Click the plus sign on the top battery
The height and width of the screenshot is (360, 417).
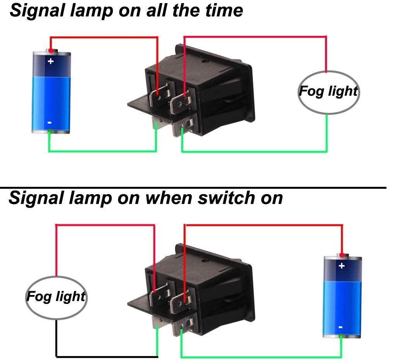(50, 61)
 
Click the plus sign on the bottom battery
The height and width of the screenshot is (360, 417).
(341, 266)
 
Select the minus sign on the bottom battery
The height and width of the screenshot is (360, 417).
(340, 327)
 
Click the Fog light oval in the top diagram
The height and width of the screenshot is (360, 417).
(328, 92)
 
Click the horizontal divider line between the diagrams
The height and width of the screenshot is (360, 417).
(193, 188)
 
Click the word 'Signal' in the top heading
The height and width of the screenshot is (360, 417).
(35, 10)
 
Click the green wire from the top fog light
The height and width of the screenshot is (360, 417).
(327, 133)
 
